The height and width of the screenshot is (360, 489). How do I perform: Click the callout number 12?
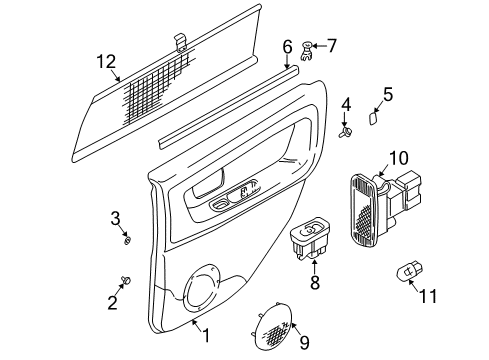tap(106, 62)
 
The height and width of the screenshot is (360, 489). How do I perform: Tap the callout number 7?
tap(331, 46)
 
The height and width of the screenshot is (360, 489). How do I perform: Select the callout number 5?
tap(388, 94)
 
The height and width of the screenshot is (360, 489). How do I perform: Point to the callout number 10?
tap(399, 158)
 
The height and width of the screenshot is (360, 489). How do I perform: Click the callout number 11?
tap(428, 296)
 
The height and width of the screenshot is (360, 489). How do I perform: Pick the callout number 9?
tap(304, 342)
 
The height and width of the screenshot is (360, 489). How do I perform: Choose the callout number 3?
tap(115, 219)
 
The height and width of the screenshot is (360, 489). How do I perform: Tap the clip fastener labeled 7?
tap(307, 51)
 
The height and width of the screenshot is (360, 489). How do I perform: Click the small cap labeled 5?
tap(373, 118)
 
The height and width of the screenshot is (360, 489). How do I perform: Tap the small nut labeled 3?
tap(127, 240)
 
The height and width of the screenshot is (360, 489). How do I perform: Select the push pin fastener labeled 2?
tap(126, 280)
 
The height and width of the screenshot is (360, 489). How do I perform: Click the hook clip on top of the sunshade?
tap(181, 43)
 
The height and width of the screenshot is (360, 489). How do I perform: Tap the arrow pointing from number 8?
tap(314, 266)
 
